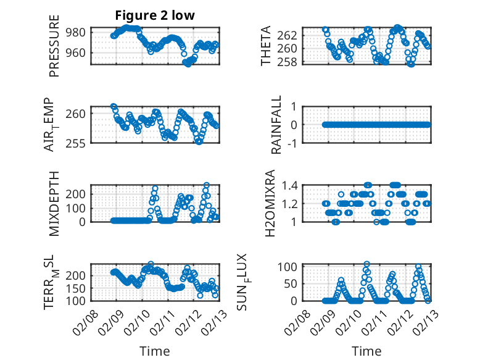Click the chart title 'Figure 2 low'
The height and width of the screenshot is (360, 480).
[x=155, y=16]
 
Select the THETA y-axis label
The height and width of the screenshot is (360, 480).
[x=266, y=46]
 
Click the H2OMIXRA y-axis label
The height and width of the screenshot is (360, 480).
[x=270, y=203]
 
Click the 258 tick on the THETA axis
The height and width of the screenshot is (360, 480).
[x=291, y=62]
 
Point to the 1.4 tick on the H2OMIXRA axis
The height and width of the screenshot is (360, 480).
[x=291, y=185]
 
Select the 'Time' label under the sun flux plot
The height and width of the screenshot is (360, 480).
[x=366, y=351]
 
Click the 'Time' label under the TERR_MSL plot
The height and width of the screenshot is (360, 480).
[x=155, y=351]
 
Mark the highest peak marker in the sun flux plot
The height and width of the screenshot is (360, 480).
[x=367, y=264]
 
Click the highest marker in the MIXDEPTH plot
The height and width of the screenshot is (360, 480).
[x=207, y=185]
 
